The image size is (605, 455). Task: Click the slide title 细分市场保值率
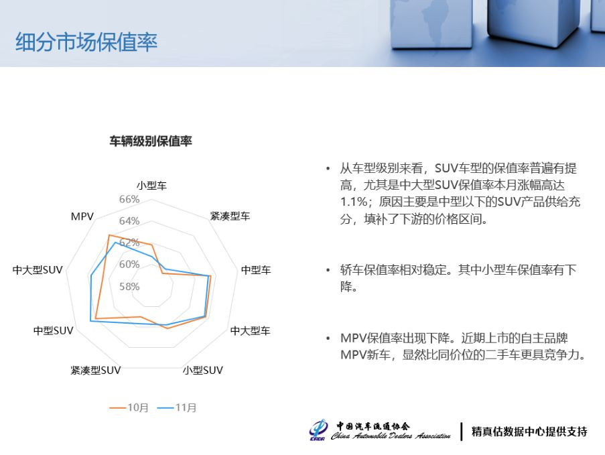click(x=86, y=42)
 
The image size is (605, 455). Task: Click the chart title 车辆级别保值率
click(x=151, y=141)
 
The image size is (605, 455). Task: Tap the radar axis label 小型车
click(x=151, y=186)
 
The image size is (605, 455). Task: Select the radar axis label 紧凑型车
click(x=230, y=216)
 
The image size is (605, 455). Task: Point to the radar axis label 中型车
click(x=256, y=270)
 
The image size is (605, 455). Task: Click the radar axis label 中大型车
click(x=250, y=331)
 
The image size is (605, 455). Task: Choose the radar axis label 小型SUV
click(x=203, y=371)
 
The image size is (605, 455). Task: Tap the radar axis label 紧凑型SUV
click(x=96, y=371)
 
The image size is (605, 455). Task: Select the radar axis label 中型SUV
click(x=53, y=331)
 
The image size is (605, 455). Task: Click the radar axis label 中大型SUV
click(x=38, y=270)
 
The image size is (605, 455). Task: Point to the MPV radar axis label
click(x=82, y=216)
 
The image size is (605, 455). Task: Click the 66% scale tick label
click(x=129, y=199)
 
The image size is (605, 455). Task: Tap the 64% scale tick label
click(x=129, y=220)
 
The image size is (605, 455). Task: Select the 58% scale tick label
click(x=129, y=286)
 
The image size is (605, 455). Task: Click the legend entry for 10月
click(x=129, y=407)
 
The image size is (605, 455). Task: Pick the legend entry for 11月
click(x=177, y=407)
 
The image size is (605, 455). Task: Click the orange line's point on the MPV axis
click(x=109, y=235)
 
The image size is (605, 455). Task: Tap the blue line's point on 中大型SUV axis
click(x=91, y=276)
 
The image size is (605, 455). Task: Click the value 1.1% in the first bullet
click(x=353, y=202)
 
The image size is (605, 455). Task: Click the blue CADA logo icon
click(x=319, y=430)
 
